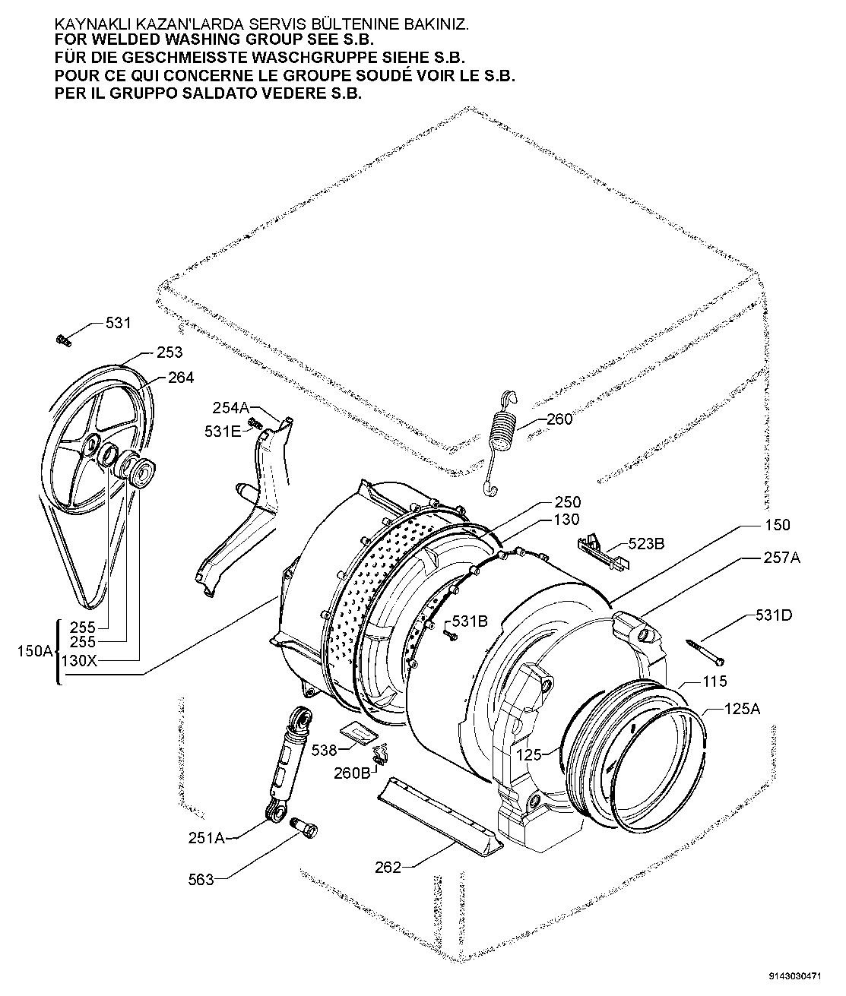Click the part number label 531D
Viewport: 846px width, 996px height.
click(x=773, y=615)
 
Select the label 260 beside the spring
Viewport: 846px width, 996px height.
click(x=559, y=419)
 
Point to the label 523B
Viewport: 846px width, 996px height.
click(x=646, y=543)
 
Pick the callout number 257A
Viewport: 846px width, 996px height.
click(x=781, y=558)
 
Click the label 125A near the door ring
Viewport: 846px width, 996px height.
click(x=742, y=709)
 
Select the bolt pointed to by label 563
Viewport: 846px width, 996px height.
click(x=305, y=827)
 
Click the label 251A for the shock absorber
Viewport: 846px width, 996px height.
click(x=207, y=838)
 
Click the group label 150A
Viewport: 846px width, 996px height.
click(x=35, y=651)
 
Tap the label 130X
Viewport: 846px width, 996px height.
click(x=79, y=660)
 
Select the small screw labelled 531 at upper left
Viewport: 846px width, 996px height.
click(x=63, y=340)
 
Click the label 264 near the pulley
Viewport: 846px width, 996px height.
click(x=181, y=378)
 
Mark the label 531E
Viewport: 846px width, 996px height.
click(x=223, y=432)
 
